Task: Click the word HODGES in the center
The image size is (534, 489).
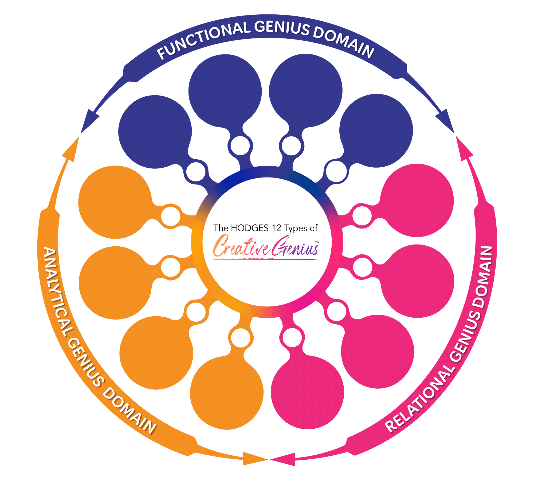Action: pos(250,228)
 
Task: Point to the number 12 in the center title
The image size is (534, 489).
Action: pos(276,228)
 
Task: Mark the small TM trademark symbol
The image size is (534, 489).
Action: pos(317,242)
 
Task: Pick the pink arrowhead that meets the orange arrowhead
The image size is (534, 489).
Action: pos(284,459)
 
